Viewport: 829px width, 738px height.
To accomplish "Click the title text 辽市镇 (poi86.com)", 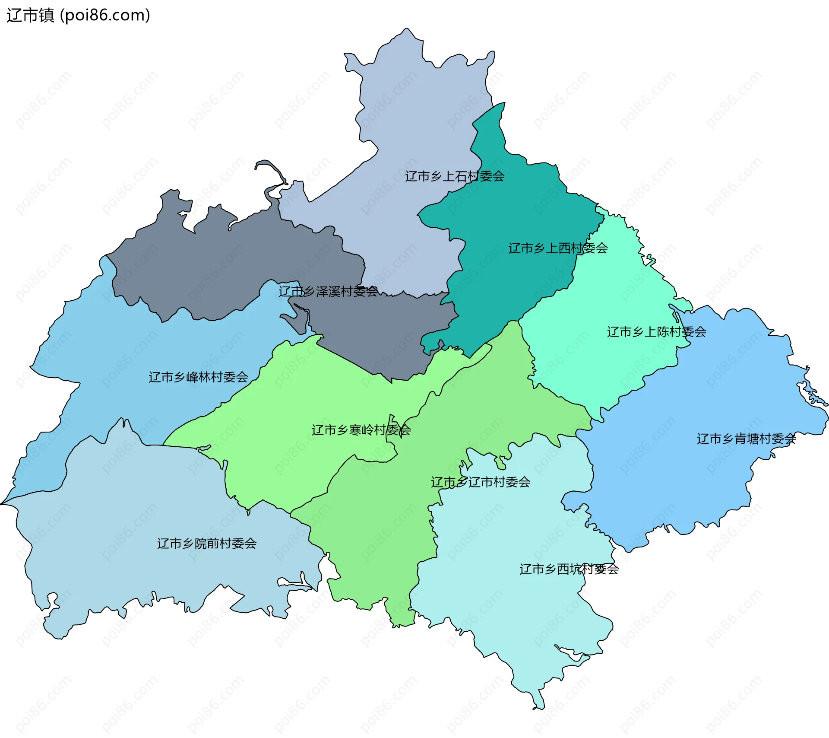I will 78,15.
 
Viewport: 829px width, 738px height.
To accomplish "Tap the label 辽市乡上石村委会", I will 454,176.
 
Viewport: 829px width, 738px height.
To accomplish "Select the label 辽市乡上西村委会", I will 558,248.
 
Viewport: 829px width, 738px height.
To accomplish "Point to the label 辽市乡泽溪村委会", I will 328,292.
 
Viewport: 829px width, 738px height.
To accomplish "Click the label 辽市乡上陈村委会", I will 656,332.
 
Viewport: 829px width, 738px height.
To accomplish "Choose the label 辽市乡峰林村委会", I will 198,377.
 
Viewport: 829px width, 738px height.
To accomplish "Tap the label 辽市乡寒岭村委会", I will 361,430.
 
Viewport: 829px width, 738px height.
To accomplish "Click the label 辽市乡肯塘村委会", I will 746,439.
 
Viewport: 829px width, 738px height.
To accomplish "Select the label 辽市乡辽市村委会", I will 480,482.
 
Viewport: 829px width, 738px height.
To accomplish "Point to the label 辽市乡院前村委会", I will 206,544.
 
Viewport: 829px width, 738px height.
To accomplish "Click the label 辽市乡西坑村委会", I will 569,569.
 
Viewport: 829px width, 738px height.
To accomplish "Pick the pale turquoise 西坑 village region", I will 518,605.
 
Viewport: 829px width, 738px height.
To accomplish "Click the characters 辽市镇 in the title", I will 30,15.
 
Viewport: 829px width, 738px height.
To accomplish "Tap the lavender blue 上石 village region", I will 410,108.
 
